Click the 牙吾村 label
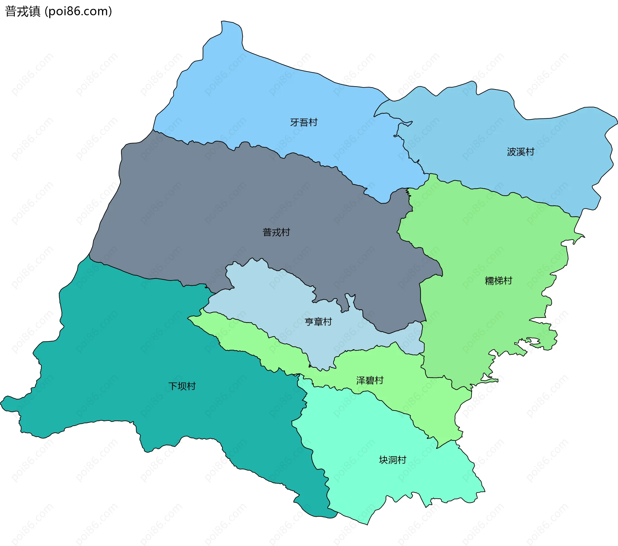(x=304, y=123)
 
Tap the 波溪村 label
(x=520, y=152)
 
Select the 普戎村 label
(x=276, y=232)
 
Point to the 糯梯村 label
(x=498, y=281)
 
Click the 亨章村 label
(x=318, y=322)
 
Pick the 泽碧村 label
(x=370, y=381)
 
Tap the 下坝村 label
(x=182, y=386)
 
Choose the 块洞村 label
(x=392, y=460)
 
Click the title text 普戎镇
(x=23, y=11)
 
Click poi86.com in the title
(x=78, y=11)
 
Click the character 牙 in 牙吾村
(x=295, y=123)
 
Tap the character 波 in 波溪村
(x=511, y=152)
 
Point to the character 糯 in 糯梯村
(x=489, y=281)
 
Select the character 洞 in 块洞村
(x=393, y=460)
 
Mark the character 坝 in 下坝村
(x=182, y=386)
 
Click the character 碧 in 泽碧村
(x=370, y=381)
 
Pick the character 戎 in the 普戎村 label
(x=276, y=232)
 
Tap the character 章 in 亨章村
(x=318, y=322)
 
